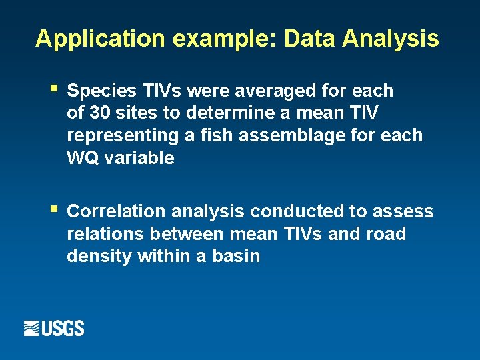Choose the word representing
coord(117,135)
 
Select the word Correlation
coord(117,211)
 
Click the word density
coord(99,257)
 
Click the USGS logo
coord(54,328)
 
